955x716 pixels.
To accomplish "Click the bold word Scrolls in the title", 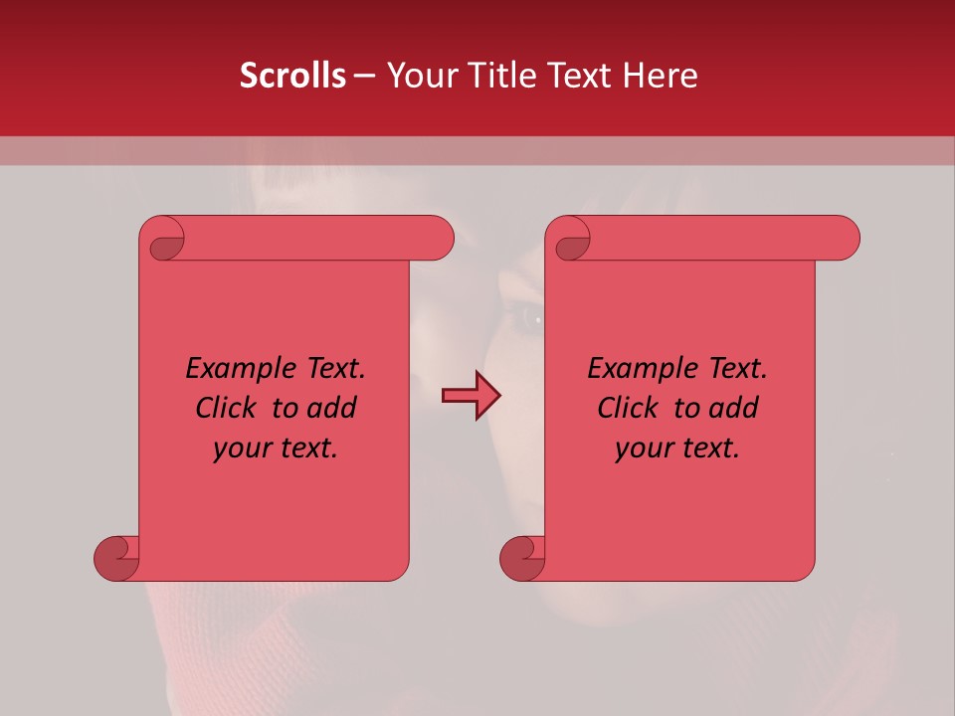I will [x=292, y=76].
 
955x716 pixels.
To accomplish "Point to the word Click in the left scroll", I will [x=229, y=408].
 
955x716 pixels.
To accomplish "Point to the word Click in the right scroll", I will [x=631, y=408].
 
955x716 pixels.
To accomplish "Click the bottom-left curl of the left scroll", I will [x=116, y=557].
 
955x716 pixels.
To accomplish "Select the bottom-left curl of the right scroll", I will [x=522, y=557].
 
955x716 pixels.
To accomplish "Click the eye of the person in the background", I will [x=527, y=318].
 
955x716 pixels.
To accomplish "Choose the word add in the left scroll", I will [x=332, y=408].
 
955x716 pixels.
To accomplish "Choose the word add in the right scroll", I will [x=734, y=408].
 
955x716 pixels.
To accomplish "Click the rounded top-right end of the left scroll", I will [x=439, y=238].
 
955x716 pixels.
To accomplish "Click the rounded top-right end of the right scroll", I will [x=845, y=238].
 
